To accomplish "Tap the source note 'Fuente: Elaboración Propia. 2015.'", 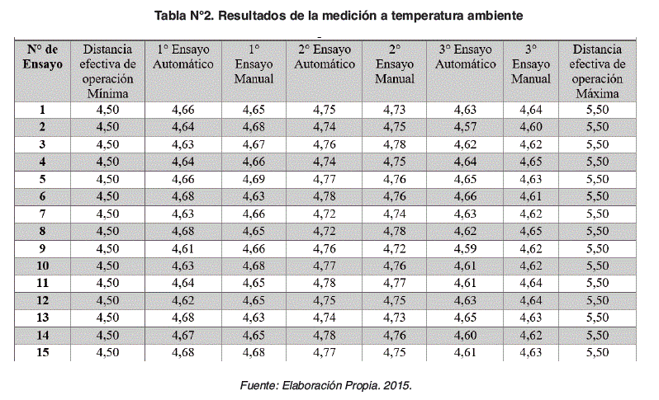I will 325,385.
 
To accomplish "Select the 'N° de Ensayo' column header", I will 42,56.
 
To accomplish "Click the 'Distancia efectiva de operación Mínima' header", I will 107,71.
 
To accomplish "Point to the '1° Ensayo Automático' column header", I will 183,56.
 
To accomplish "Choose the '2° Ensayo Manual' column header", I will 395,64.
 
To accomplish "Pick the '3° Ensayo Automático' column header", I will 466,56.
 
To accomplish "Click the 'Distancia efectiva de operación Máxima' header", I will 598,71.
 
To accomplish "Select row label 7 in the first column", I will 42,213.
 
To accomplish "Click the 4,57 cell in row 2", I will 466,126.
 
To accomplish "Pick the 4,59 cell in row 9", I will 466,247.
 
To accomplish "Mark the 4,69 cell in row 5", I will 254,178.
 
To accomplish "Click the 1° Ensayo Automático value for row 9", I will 183,247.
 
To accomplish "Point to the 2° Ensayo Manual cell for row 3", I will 395,144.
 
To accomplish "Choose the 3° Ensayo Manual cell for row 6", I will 531,195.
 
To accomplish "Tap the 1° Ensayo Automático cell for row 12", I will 183,299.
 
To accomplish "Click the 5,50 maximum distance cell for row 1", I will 598,109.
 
